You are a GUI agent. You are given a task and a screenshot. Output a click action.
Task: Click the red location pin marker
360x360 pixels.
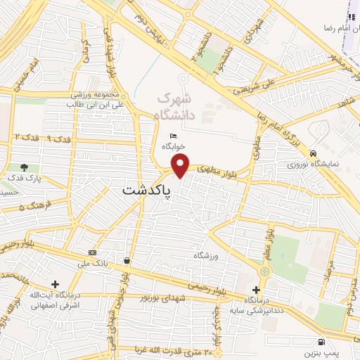click(x=181, y=165)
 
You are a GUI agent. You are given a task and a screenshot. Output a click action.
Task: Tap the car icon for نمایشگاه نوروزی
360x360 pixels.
click(x=313, y=153)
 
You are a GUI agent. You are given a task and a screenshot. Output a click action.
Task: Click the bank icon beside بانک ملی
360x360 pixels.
click(x=92, y=252)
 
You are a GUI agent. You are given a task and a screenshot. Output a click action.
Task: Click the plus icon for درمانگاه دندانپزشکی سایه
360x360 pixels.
click(x=257, y=290)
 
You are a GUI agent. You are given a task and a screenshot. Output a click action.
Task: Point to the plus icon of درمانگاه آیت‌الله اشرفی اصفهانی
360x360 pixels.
click(x=56, y=284)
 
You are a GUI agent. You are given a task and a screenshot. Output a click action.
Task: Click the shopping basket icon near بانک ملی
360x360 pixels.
click(x=126, y=260)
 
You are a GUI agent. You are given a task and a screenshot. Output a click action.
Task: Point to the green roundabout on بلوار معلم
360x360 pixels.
click(x=265, y=271)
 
